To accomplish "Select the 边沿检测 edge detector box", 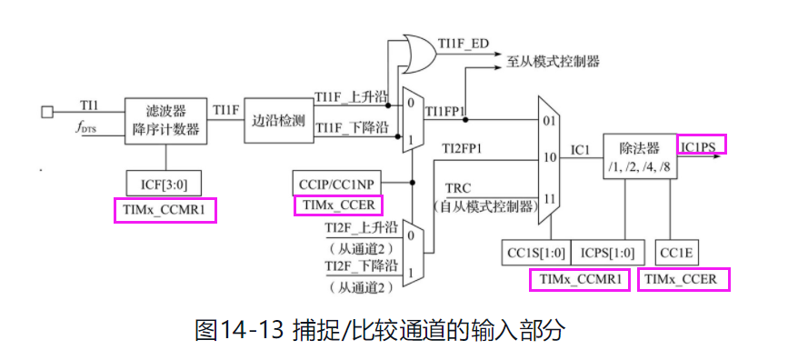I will coord(277,119).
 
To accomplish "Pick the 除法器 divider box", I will coord(638,155).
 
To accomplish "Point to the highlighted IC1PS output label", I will coord(702,145).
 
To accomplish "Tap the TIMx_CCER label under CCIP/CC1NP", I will coord(340,206).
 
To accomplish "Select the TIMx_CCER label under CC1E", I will coord(684,280).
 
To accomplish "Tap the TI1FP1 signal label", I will coord(445,112).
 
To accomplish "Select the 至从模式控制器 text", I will coord(553,62).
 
